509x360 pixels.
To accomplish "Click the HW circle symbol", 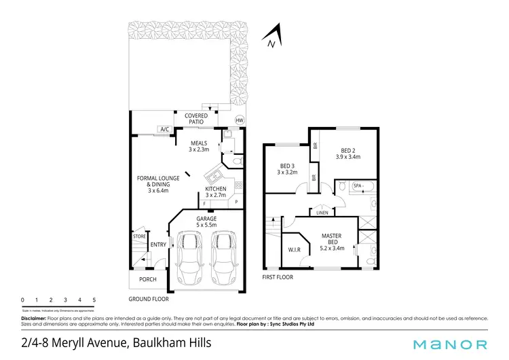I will pos(238,120).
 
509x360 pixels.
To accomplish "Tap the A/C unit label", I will pos(164,129).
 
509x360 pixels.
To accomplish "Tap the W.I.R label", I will pos(295,249).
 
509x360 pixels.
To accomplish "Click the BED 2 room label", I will pos(347,153).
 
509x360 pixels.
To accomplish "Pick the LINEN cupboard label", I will pos(322,213).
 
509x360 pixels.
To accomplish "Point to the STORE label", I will pos(140,236).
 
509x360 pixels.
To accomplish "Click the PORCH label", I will pos(147,278).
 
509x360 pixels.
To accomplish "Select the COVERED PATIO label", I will pos(196,119).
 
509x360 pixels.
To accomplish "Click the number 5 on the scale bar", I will pos(94,300).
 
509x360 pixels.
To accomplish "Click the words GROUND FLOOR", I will pos(149,299).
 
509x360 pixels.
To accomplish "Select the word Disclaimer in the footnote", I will pos(33,318).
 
